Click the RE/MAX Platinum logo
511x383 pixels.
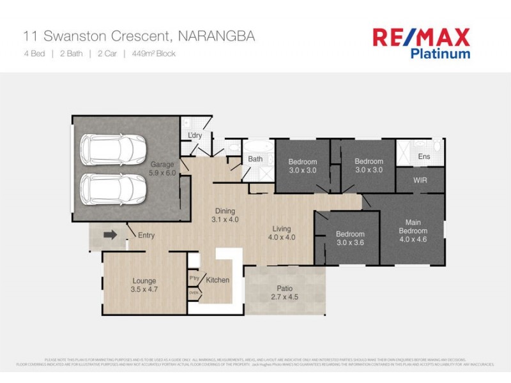click(x=421, y=43)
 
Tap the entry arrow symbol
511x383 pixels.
click(x=111, y=235)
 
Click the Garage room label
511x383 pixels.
click(x=163, y=169)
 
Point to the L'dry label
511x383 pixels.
click(x=195, y=135)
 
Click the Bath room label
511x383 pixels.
click(x=256, y=159)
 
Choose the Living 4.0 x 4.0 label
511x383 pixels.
click(x=281, y=233)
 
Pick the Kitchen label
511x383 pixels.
click(x=218, y=280)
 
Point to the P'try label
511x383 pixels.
click(x=194, y=278)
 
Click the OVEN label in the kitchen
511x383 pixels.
click(x=194, y=293)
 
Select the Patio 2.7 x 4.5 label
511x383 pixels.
click(x=285, y=292)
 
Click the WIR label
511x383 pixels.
click(x=420, y=181)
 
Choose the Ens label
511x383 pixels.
click(x=423, y=156)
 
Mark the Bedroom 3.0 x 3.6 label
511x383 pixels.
click(x=350, y=238)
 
